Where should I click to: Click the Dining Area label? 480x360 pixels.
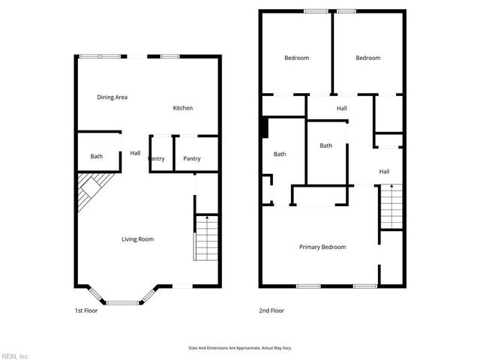coord(112,97)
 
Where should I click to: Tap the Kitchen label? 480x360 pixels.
coord(183,108)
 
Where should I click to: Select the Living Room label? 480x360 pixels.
coord(138,239)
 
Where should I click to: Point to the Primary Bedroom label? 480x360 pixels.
coord(322,247)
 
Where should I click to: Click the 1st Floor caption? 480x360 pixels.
coord(85,310)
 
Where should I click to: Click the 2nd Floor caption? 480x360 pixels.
coord(271,310)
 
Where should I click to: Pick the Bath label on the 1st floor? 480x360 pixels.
coord(97,157)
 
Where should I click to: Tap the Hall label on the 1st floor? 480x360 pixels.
coord(135,153)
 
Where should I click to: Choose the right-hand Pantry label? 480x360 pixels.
coord(192,158)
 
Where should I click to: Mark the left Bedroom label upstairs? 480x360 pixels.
coord(296,58)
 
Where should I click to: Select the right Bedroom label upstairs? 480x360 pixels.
coord(367,58)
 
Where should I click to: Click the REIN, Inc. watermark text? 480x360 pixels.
coord(15,355)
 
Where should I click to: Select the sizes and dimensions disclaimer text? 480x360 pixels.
coord(239,348)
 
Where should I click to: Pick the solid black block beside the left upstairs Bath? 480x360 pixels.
coord(264,127)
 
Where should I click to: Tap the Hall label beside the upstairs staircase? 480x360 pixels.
coord(384,172)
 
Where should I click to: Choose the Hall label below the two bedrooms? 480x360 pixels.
coord(342,109)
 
